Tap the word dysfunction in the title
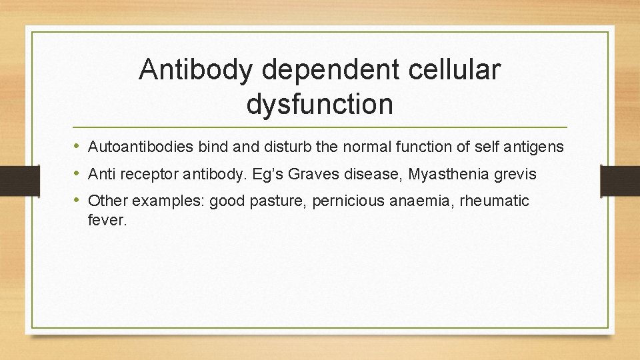(x=319, y=103)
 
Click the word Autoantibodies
(x=141, y=146)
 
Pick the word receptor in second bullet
(x=147, y=174)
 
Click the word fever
(x=107, y=219)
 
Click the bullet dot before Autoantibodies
(x=77, y=146)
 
